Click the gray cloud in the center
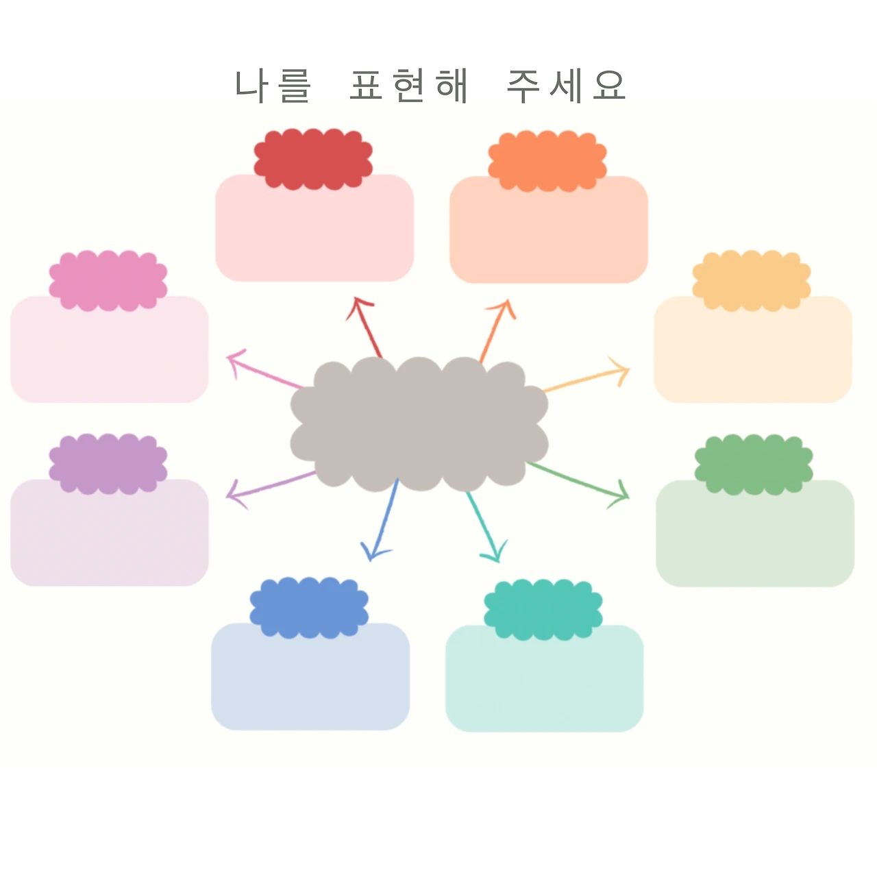419,424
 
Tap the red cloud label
313,159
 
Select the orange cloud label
547,161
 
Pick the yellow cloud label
752,281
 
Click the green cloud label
754,465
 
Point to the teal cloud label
543,610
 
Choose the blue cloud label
309,608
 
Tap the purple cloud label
108,464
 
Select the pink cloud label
108,281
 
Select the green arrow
579,482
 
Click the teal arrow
484,526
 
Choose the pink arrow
264,371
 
